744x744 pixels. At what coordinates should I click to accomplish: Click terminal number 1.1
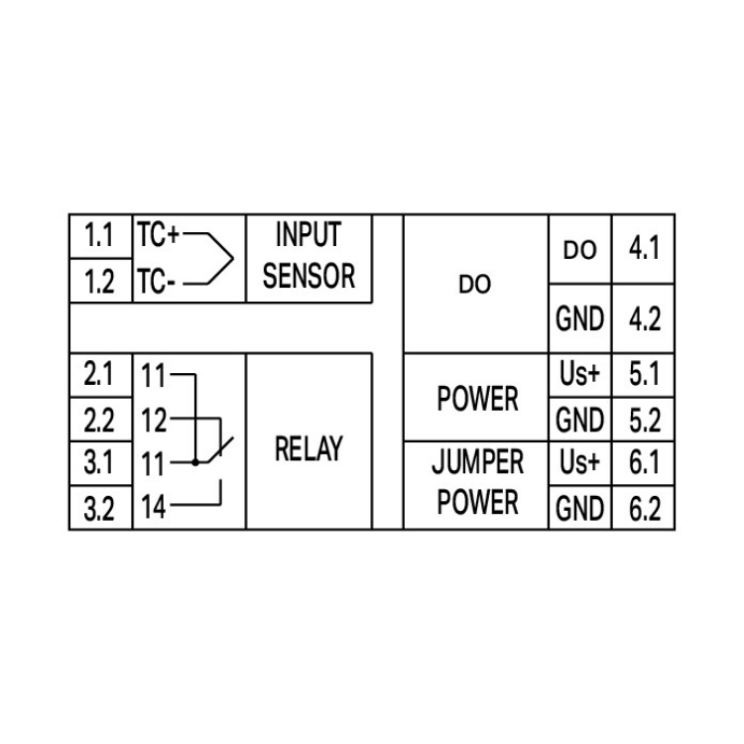(x=99, y=237)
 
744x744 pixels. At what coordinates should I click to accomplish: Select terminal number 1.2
(x=99, y=283)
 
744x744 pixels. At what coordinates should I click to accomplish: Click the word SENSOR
(x=309, y=276)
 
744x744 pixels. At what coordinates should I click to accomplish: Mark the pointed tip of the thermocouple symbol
(x=234, y=260)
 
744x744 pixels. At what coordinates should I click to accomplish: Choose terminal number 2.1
(x=99, y=376)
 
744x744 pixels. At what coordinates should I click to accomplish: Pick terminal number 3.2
(x=99, y=510)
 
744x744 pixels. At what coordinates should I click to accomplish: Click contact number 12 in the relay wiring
(x=154, y=421)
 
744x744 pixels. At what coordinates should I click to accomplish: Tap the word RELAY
(x=309, y=449)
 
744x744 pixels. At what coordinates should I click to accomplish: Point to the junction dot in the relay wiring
(x=196, y=462)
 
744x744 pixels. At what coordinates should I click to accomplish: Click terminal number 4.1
(x=644, y=248)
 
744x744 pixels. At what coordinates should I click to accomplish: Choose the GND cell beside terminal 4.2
(x=579, y=319)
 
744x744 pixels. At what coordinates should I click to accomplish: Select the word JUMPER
(x=477, y=463)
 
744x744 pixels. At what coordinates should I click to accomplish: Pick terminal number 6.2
(x=644, y=510)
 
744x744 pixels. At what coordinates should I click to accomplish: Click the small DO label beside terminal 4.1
(x=579, y=251)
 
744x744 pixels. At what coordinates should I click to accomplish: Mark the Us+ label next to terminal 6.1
(x=579, y=463)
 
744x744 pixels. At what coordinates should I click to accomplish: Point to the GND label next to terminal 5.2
(x=579, y=421)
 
